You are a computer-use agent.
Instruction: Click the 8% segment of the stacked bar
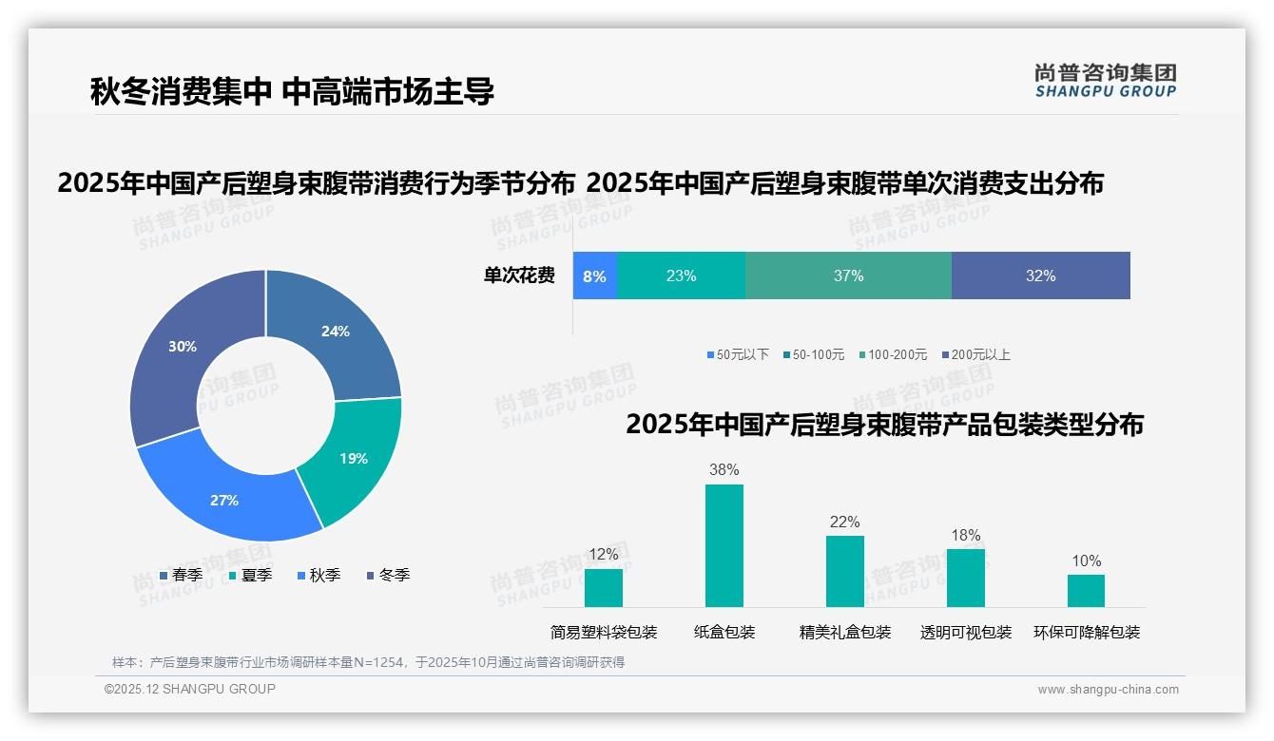pos(595,276)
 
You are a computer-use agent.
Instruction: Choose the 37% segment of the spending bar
pos(848,276)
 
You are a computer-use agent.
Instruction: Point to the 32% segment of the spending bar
pos(1040,276)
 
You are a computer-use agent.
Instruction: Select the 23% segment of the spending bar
pos(681,276)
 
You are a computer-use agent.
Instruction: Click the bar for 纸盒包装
pos(724,545)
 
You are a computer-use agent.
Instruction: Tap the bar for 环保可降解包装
pos(1086,591)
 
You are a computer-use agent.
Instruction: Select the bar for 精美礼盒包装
pos(845,571)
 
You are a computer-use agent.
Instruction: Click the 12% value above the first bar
pos(604,555)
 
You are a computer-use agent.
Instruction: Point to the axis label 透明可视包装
pos(966,633)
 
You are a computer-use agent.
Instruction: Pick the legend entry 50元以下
pos(738,355)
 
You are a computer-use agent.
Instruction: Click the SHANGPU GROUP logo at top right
pos(1105,80)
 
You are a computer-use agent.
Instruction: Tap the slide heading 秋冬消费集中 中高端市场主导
pos(292,91)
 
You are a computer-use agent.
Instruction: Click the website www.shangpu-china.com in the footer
pos(1108,690)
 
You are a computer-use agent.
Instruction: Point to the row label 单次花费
pos(519,276)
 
